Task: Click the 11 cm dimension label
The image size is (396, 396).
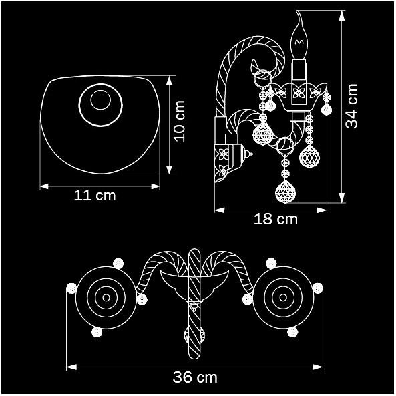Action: pos(95,196)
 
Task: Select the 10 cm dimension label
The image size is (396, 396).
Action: pos(180,121)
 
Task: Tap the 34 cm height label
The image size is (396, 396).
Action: pos(351,106)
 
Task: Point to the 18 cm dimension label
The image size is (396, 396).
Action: pos(276,219)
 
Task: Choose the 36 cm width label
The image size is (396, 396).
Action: pos(195,377)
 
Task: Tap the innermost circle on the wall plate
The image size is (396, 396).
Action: pos(101,100)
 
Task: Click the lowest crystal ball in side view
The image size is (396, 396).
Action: pos(285,192)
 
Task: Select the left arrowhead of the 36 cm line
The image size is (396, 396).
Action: pos(71,367)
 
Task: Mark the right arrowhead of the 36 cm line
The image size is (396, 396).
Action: pos(318,367)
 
